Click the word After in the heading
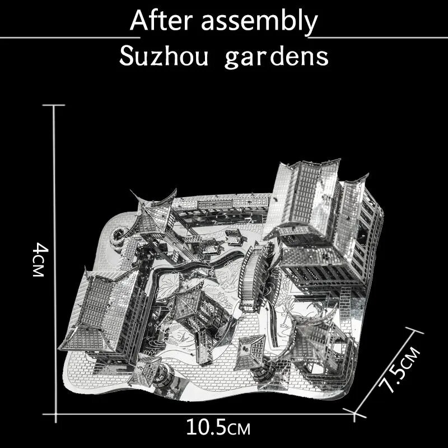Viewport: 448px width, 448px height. click(x=161, y=20)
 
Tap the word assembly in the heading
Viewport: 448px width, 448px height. click(x=259, y=22)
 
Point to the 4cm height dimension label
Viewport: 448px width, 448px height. click(x=39, y=260)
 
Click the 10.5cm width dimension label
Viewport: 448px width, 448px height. click(x=218, y=427)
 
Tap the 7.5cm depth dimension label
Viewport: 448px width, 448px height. click(x=399, y=370)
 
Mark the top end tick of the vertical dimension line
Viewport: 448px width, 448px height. click(x=54, y=105)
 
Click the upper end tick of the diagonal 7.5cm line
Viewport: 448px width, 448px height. click(x=414, y=330)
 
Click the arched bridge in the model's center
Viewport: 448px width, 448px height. click(x=254, y=277)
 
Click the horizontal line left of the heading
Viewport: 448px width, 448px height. click(x=70, y=38)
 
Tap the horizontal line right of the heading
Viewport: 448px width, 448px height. click(x=377, y=38)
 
